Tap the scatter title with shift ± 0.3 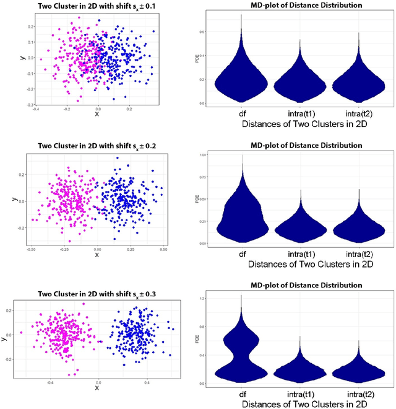[x=97, y=294]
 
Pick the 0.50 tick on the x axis [x=163, y=248]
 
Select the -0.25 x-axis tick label [x=63, y=248]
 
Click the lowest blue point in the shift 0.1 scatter [x=113, y=99]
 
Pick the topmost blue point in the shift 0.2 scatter [x=118, y=158]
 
